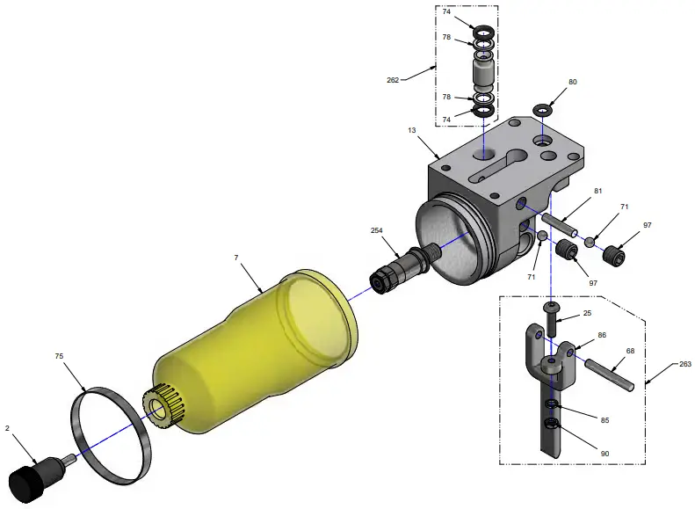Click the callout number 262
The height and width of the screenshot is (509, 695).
pyautogui.click(x=393, y=80)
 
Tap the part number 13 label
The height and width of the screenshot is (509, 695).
pyautogui.click(x=411, y=130)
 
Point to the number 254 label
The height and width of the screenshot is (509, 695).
pyautogui.click(x=377, y=230)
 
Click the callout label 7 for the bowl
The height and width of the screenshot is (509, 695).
pyautogui.click(x=236, y=258)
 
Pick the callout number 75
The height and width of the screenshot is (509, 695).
pyautogui.click(x=59, y=358)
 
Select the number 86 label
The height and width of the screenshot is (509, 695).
pyautogui.click(x=602, y=336)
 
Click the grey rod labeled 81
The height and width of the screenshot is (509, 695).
pyautogui.click(x=559, y=227)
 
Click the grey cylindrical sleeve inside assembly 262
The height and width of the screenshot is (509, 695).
pyautogui.click(x=484, y=69)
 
